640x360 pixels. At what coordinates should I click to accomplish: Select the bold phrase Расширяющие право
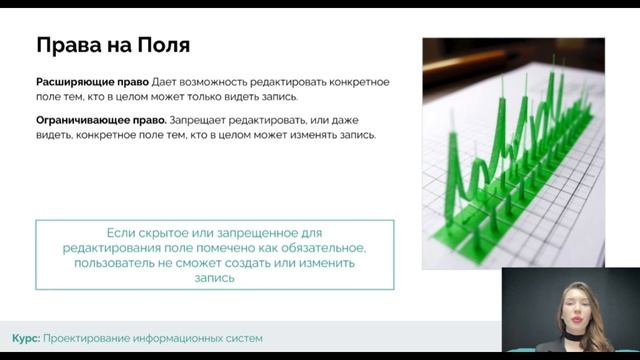[92, 81]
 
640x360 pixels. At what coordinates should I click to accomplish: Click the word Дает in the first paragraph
[166, 81]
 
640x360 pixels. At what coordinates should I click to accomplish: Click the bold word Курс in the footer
[25, 338]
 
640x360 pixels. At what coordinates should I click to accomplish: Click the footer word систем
[243, 338]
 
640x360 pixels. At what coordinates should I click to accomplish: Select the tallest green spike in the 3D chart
[519, 100]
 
